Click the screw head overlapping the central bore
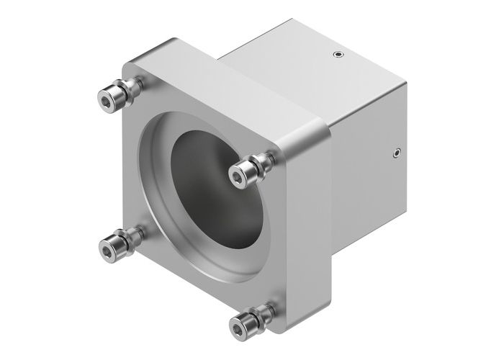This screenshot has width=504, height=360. tap(240, 173)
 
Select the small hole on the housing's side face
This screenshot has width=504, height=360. tap(397, 151)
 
